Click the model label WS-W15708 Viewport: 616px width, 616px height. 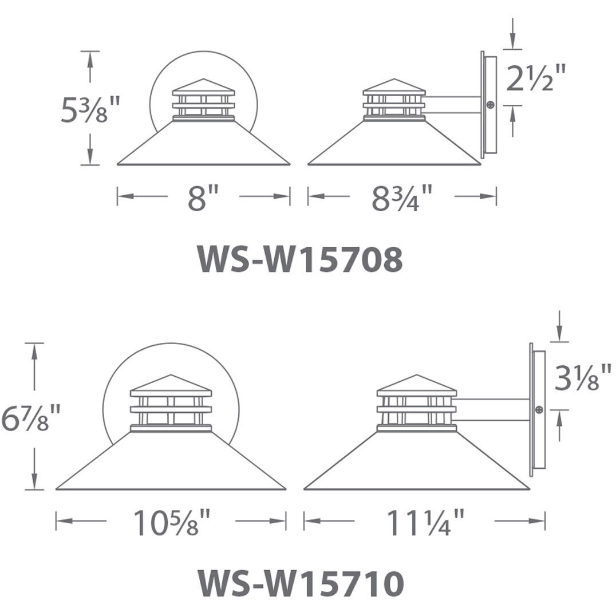[x=301, y=259]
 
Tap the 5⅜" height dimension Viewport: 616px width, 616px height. [x=89, y=110]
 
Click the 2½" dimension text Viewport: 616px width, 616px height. [x=536, y=78]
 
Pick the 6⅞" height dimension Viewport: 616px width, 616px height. [x=31, y=417]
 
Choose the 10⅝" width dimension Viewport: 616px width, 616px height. [x=172, y=523]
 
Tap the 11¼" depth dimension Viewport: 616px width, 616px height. [x=425, y=523]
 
